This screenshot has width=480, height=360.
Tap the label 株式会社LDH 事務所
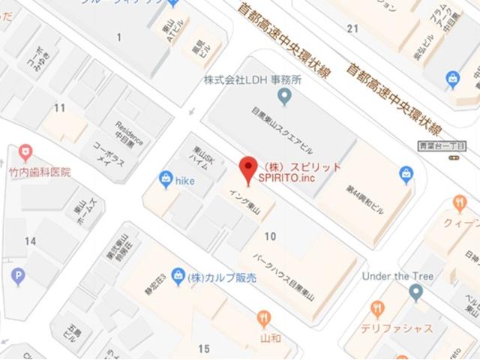point(252,79)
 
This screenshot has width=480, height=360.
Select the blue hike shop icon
point(166,179)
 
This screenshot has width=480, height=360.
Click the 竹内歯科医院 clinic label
point(39,172)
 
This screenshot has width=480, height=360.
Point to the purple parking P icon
point(18,277)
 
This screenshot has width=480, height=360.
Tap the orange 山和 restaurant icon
point(263,319)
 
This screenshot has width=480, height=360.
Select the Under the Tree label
point(397,276)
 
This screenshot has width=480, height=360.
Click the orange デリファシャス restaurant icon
point(378,310)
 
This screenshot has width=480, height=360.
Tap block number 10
point(270,236)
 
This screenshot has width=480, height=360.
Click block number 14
point(30,241)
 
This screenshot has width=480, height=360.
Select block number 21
point(352,28)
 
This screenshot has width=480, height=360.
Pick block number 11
point(59,108)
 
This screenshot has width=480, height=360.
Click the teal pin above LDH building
point(284,95)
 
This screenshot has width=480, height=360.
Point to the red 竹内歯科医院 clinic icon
point(26,153)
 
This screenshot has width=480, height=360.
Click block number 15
point(204,349)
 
